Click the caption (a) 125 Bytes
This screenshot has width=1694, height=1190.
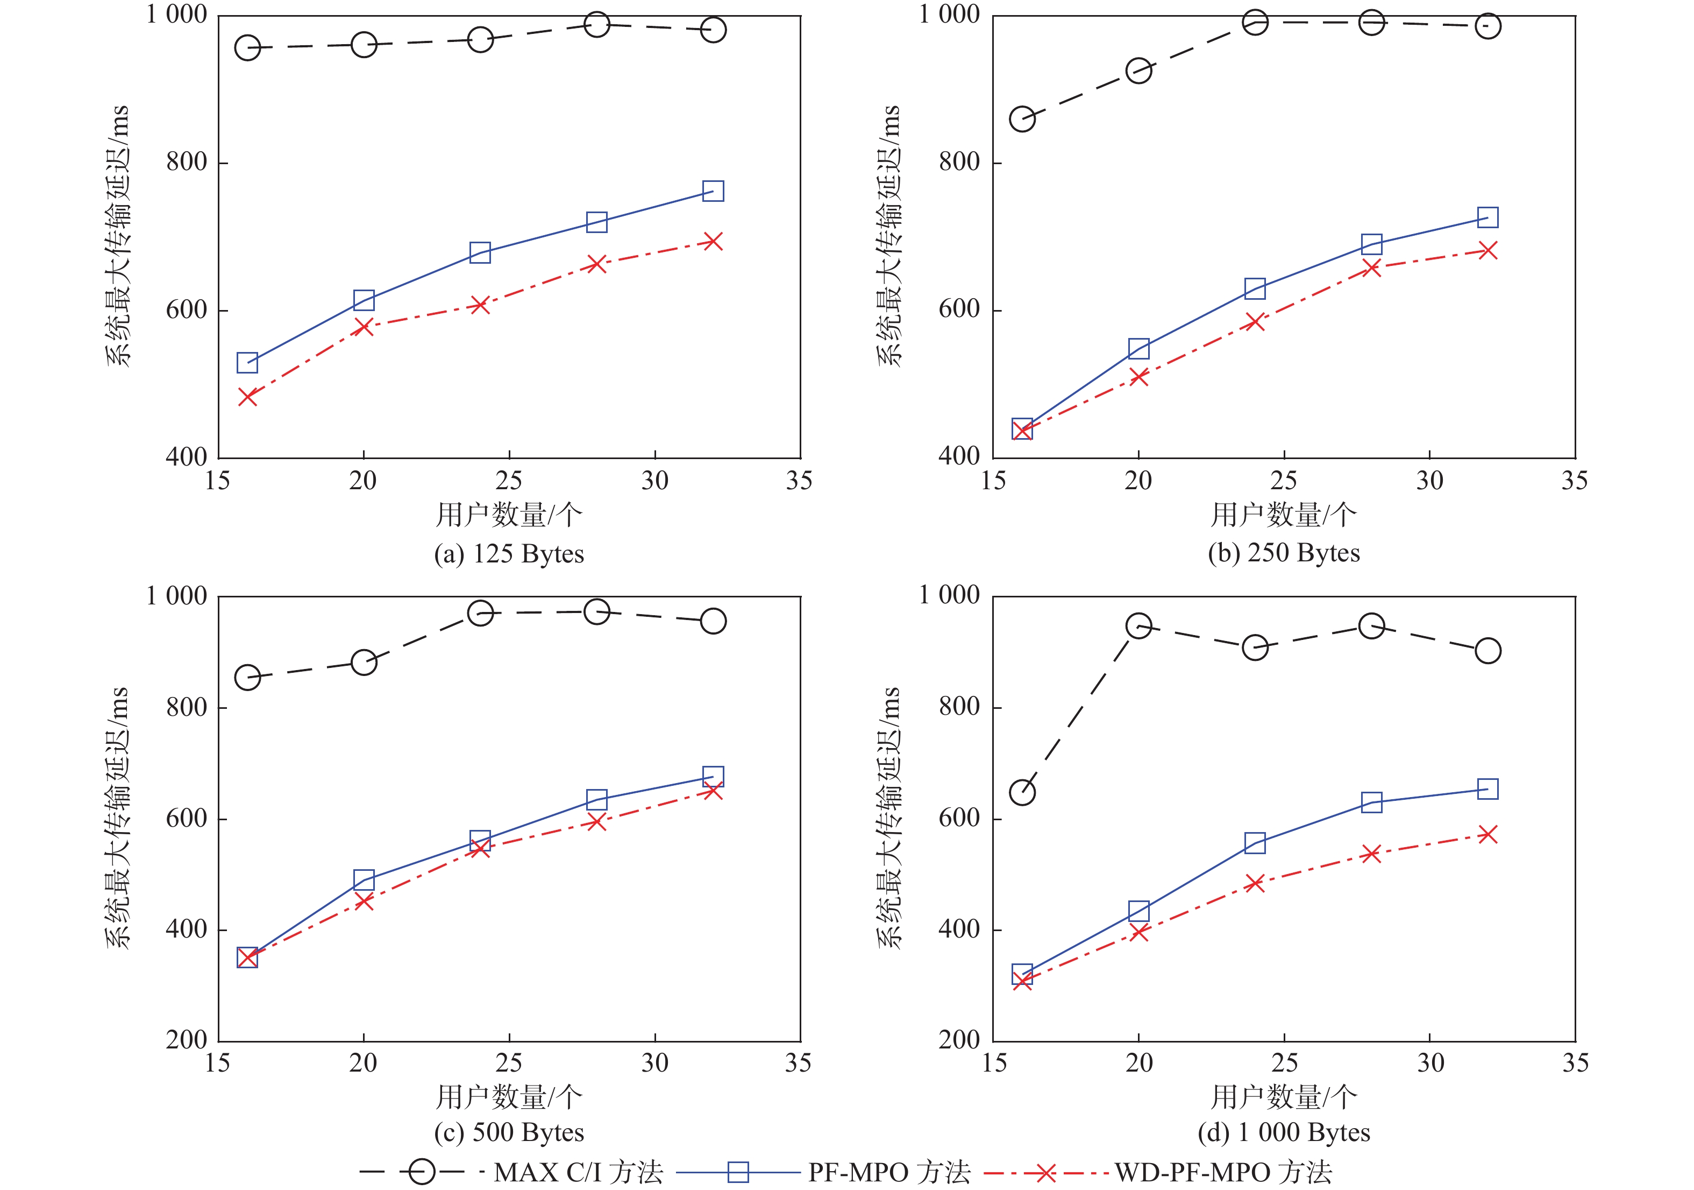pyautogui.click(x=509, y=554)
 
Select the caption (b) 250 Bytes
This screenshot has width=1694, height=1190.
pyautogui.click(x=1284, y=553)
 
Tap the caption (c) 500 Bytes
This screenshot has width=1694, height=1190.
pyautogui.click(x=509, y=1132)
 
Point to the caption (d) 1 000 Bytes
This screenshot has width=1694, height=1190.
pyautogui.click(x=1284, y=1132)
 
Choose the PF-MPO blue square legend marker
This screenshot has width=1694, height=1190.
pyautogui.click(x=738, y=1172)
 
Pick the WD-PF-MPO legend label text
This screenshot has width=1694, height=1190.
pyautogui.click(x=1223, y=1172)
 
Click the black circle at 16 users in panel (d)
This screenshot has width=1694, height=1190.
pyautogui.click(x=1022, y=792)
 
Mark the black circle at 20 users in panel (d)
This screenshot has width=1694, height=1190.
pyautogui.click(x=1138, y=626)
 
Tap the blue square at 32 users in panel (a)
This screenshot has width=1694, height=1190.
pyautogui.click(x=713, y=191)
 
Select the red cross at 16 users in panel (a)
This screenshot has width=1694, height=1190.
pyautogui.click(x=247, y=397)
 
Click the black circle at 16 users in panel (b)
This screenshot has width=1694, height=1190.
pyautogui.click(x=1022, y=119)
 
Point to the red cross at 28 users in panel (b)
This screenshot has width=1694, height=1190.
pyautogui.click(x=1371, y=267)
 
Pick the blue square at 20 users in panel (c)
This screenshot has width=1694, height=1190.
pyautogui.click(x=364, y=879)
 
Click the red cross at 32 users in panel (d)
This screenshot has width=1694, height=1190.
pyautogui.click(x=1488, y=835)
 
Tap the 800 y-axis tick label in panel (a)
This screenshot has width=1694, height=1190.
pyautogui.click(x=187, y=161)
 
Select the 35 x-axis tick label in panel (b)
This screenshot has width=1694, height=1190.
pyautogui.click(x=1575, y=481)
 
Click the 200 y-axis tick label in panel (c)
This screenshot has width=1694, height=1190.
pyautogui.click(x=187, y=1040)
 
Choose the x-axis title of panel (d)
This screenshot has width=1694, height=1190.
pyautogui.click(x=1284, y=1097)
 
